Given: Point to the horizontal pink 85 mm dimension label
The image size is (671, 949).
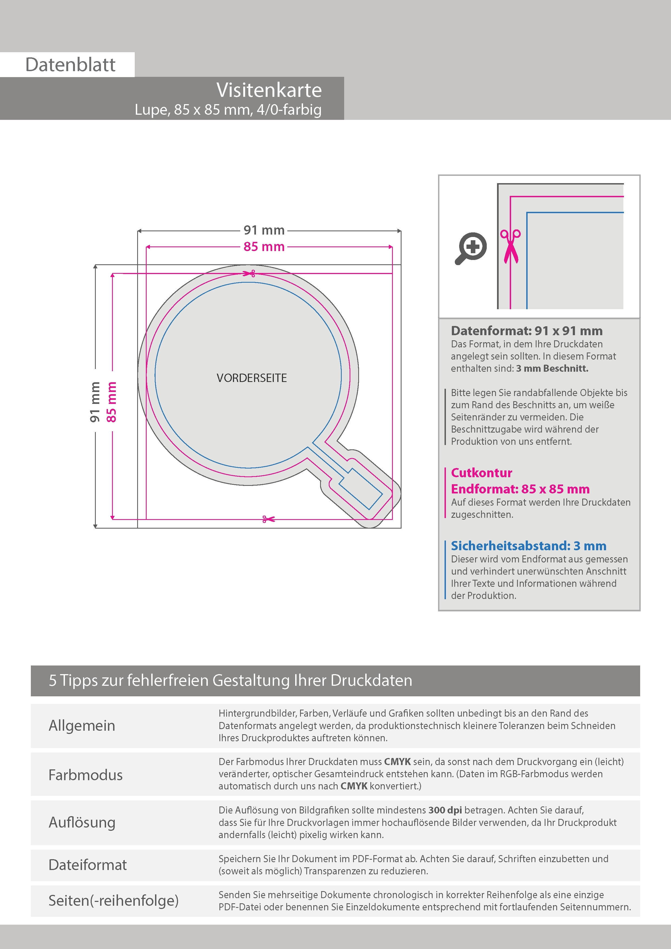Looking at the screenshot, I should (264, 247).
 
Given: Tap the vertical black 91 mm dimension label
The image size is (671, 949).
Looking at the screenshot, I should (95, 402).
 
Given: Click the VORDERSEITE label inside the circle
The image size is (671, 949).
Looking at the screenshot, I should (251, 378).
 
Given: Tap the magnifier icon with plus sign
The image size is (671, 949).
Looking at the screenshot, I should (471, 248).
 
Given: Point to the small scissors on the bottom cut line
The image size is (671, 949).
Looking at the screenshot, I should (268, 519).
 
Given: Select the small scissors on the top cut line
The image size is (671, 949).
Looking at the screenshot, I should (249, 273).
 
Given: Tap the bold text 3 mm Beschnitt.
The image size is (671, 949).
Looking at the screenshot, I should (552, 368).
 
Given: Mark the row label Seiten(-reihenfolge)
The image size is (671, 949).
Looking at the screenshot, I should (113, 900).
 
